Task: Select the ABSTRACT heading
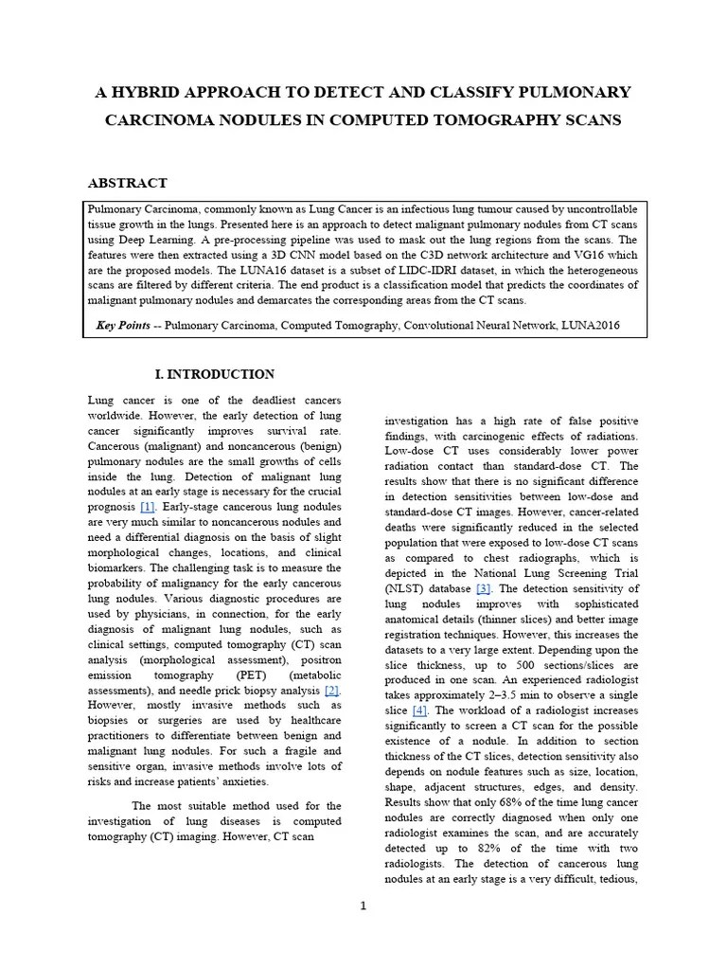128,183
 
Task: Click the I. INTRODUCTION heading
215,374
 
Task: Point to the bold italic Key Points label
123,324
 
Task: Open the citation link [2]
332,691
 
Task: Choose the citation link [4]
419,710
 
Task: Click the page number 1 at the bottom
363,906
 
